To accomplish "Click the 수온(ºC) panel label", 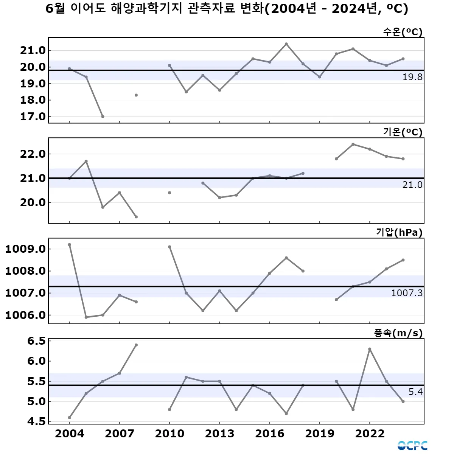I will (x=403, y=32).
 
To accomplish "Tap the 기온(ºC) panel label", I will (x=403, y=132).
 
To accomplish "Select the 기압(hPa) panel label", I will (x=399, y=232).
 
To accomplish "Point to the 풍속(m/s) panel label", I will (x=398, y=333).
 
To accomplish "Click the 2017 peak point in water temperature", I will (x=286, y=44).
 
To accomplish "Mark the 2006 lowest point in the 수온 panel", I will (x=103, y=117).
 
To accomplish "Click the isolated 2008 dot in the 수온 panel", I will (x=136, y=95).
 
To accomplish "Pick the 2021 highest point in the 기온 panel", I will (x=353, y=144).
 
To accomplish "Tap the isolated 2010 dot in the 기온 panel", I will (x=169, y=193).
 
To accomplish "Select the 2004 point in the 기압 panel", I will (x=70, y=244).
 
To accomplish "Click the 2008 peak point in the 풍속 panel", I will (x=136, y=345).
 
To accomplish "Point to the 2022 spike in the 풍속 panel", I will (x=370, y=349).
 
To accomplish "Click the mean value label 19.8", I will (x=412, y=77).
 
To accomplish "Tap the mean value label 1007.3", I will (x=407, y=293).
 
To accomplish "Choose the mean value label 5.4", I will (x=415, y=392).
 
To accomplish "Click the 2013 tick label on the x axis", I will (x=219, y=434).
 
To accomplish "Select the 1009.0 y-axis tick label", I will (x=25, y=249).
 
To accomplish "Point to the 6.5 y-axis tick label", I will (x=36, y=341).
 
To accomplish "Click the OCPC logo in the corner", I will (x=412, y=445).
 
